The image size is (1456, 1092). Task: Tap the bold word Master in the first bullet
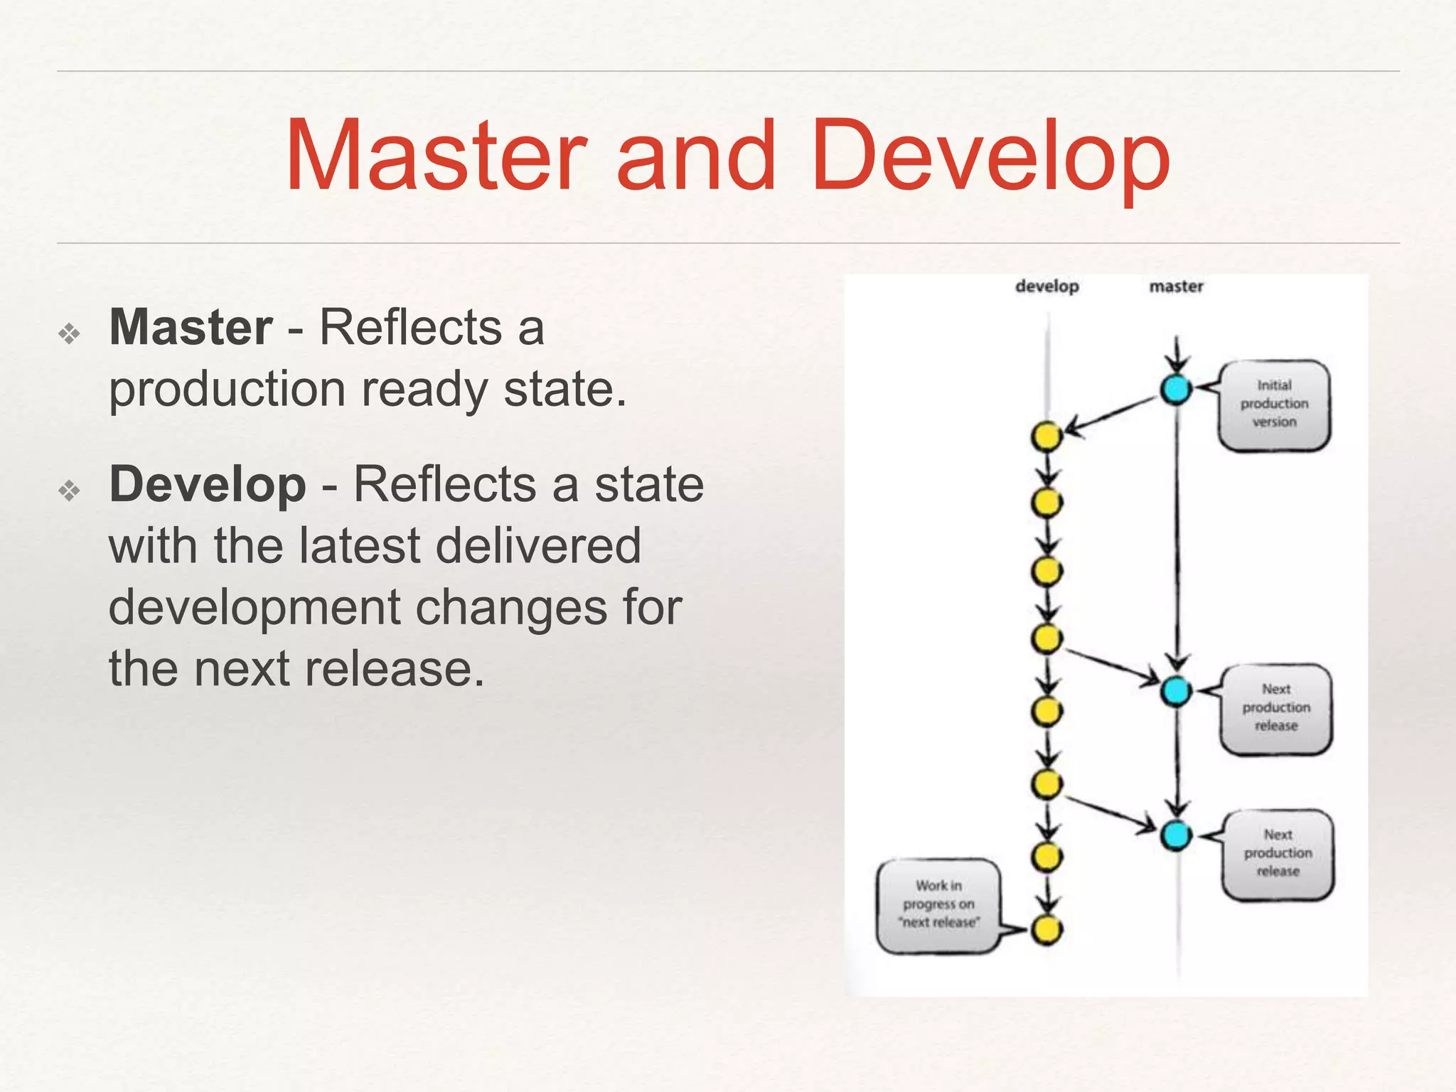[191, 328]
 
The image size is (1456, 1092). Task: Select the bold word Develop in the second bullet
[208, 485]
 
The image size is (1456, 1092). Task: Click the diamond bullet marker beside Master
[70, 333]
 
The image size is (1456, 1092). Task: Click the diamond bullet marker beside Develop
[70, 491]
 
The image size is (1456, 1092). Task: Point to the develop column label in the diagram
[1046, 287]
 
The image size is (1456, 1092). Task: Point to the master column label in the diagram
[1176, 287]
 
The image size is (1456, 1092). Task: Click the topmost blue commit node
[1176, 389]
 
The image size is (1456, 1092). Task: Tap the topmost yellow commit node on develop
[1046, 436]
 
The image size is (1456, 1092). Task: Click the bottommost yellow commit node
[1046, 929]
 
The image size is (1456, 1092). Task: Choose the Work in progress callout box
[938, 904]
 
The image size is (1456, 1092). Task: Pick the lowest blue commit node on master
[1176, 835]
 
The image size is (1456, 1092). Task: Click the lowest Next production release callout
[1278, 853]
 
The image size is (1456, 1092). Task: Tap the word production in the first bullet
[227, 390]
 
